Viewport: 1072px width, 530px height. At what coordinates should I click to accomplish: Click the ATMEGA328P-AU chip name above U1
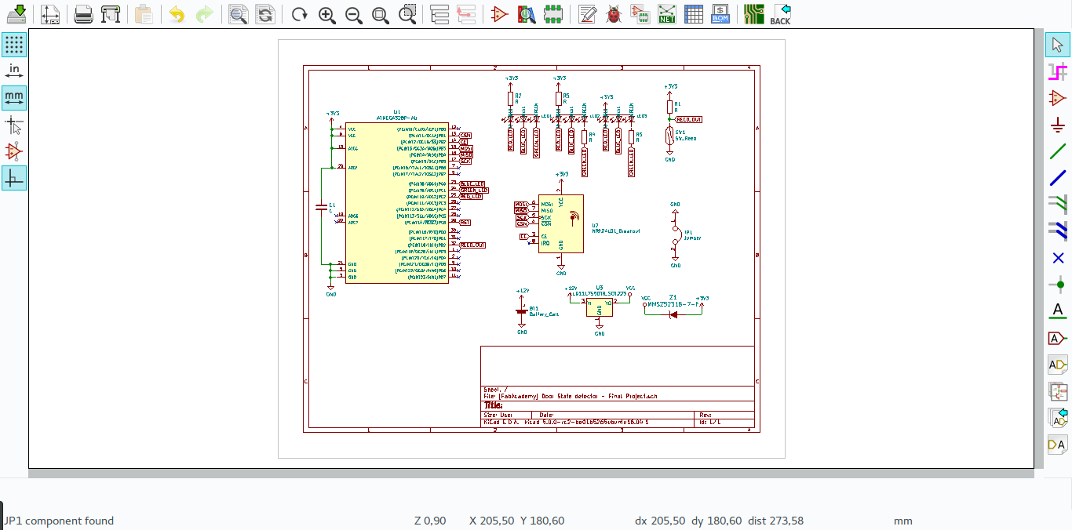click(x=396, y=118)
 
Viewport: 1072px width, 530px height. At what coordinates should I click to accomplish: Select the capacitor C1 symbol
click(x=320, y=208)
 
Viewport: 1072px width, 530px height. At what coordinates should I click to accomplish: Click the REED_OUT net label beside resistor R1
click(x=688, y=119)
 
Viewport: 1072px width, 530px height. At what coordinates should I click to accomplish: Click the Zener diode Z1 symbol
click(x=673, y=314)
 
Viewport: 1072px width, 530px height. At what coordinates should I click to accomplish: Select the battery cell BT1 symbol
click(x=522, y=311)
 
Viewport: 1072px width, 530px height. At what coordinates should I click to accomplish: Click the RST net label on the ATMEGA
click(x=465, y=223)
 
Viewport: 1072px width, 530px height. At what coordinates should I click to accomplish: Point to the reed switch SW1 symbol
click(x=669, y=138)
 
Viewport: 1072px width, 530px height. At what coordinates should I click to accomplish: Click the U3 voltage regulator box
click(x=600, y=307)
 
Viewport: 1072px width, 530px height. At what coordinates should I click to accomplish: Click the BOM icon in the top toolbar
click(x=720, y=13)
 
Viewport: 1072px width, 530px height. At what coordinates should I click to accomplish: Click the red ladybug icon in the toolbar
click(x=614, y=13)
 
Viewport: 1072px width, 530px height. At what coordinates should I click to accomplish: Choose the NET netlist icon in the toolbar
click(x=666, y=13)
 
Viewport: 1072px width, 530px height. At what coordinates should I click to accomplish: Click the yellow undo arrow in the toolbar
click(x=177, y=13)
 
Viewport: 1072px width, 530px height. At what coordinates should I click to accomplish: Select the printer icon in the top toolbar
click(x=83, y=13)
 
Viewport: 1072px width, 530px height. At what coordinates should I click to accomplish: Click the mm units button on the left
click(x=13, y=97)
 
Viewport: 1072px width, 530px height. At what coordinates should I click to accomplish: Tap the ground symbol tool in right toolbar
click(x=1057, y=125)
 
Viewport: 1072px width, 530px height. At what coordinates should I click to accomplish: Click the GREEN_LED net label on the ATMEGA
click(x=473, y=190)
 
